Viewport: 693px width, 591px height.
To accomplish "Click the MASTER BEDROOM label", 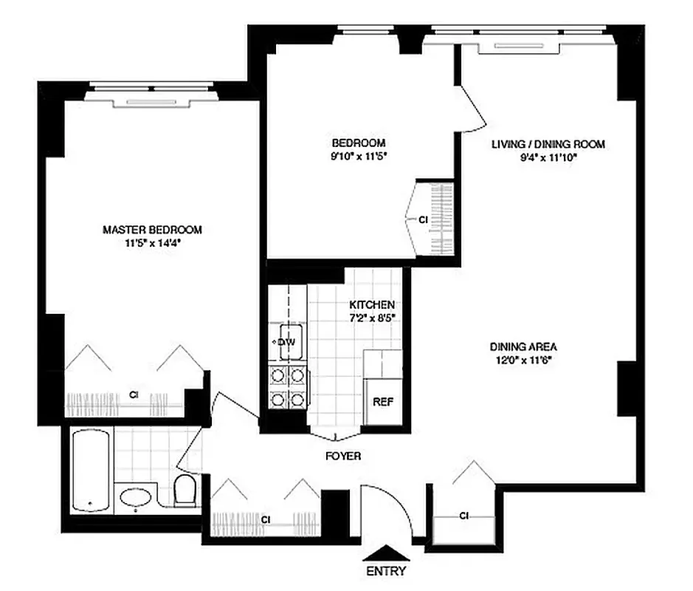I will pyautogui.click(x=152, y=230).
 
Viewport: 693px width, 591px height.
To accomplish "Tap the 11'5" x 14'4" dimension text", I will pyautogui.click(x=152, y=242).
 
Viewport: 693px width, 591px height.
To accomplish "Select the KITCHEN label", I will pyautogui.click(x=372, y=304).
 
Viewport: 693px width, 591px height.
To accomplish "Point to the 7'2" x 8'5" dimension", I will pyautogui.click(x=372, y=317).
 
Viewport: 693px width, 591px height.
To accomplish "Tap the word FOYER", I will pyautogui.click(x=343, y=457).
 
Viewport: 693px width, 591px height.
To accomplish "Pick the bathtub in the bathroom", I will pyautogui.click(x=92, y=471).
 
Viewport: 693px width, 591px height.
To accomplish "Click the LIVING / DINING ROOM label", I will pyautogui.click(x=548, y=144).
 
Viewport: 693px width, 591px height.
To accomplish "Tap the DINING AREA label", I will pyautogui.click(x=523, y=346).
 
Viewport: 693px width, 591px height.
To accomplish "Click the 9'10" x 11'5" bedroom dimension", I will pyautogui.click(x=359, y=155).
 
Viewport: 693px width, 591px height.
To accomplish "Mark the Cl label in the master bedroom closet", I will pyautogui.click(x=134, y=395).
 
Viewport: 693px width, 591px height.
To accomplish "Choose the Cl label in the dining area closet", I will pyautogui.click(x=464, y=516).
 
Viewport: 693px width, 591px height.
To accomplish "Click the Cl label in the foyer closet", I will pyautogui.click(x=265, y=520).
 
